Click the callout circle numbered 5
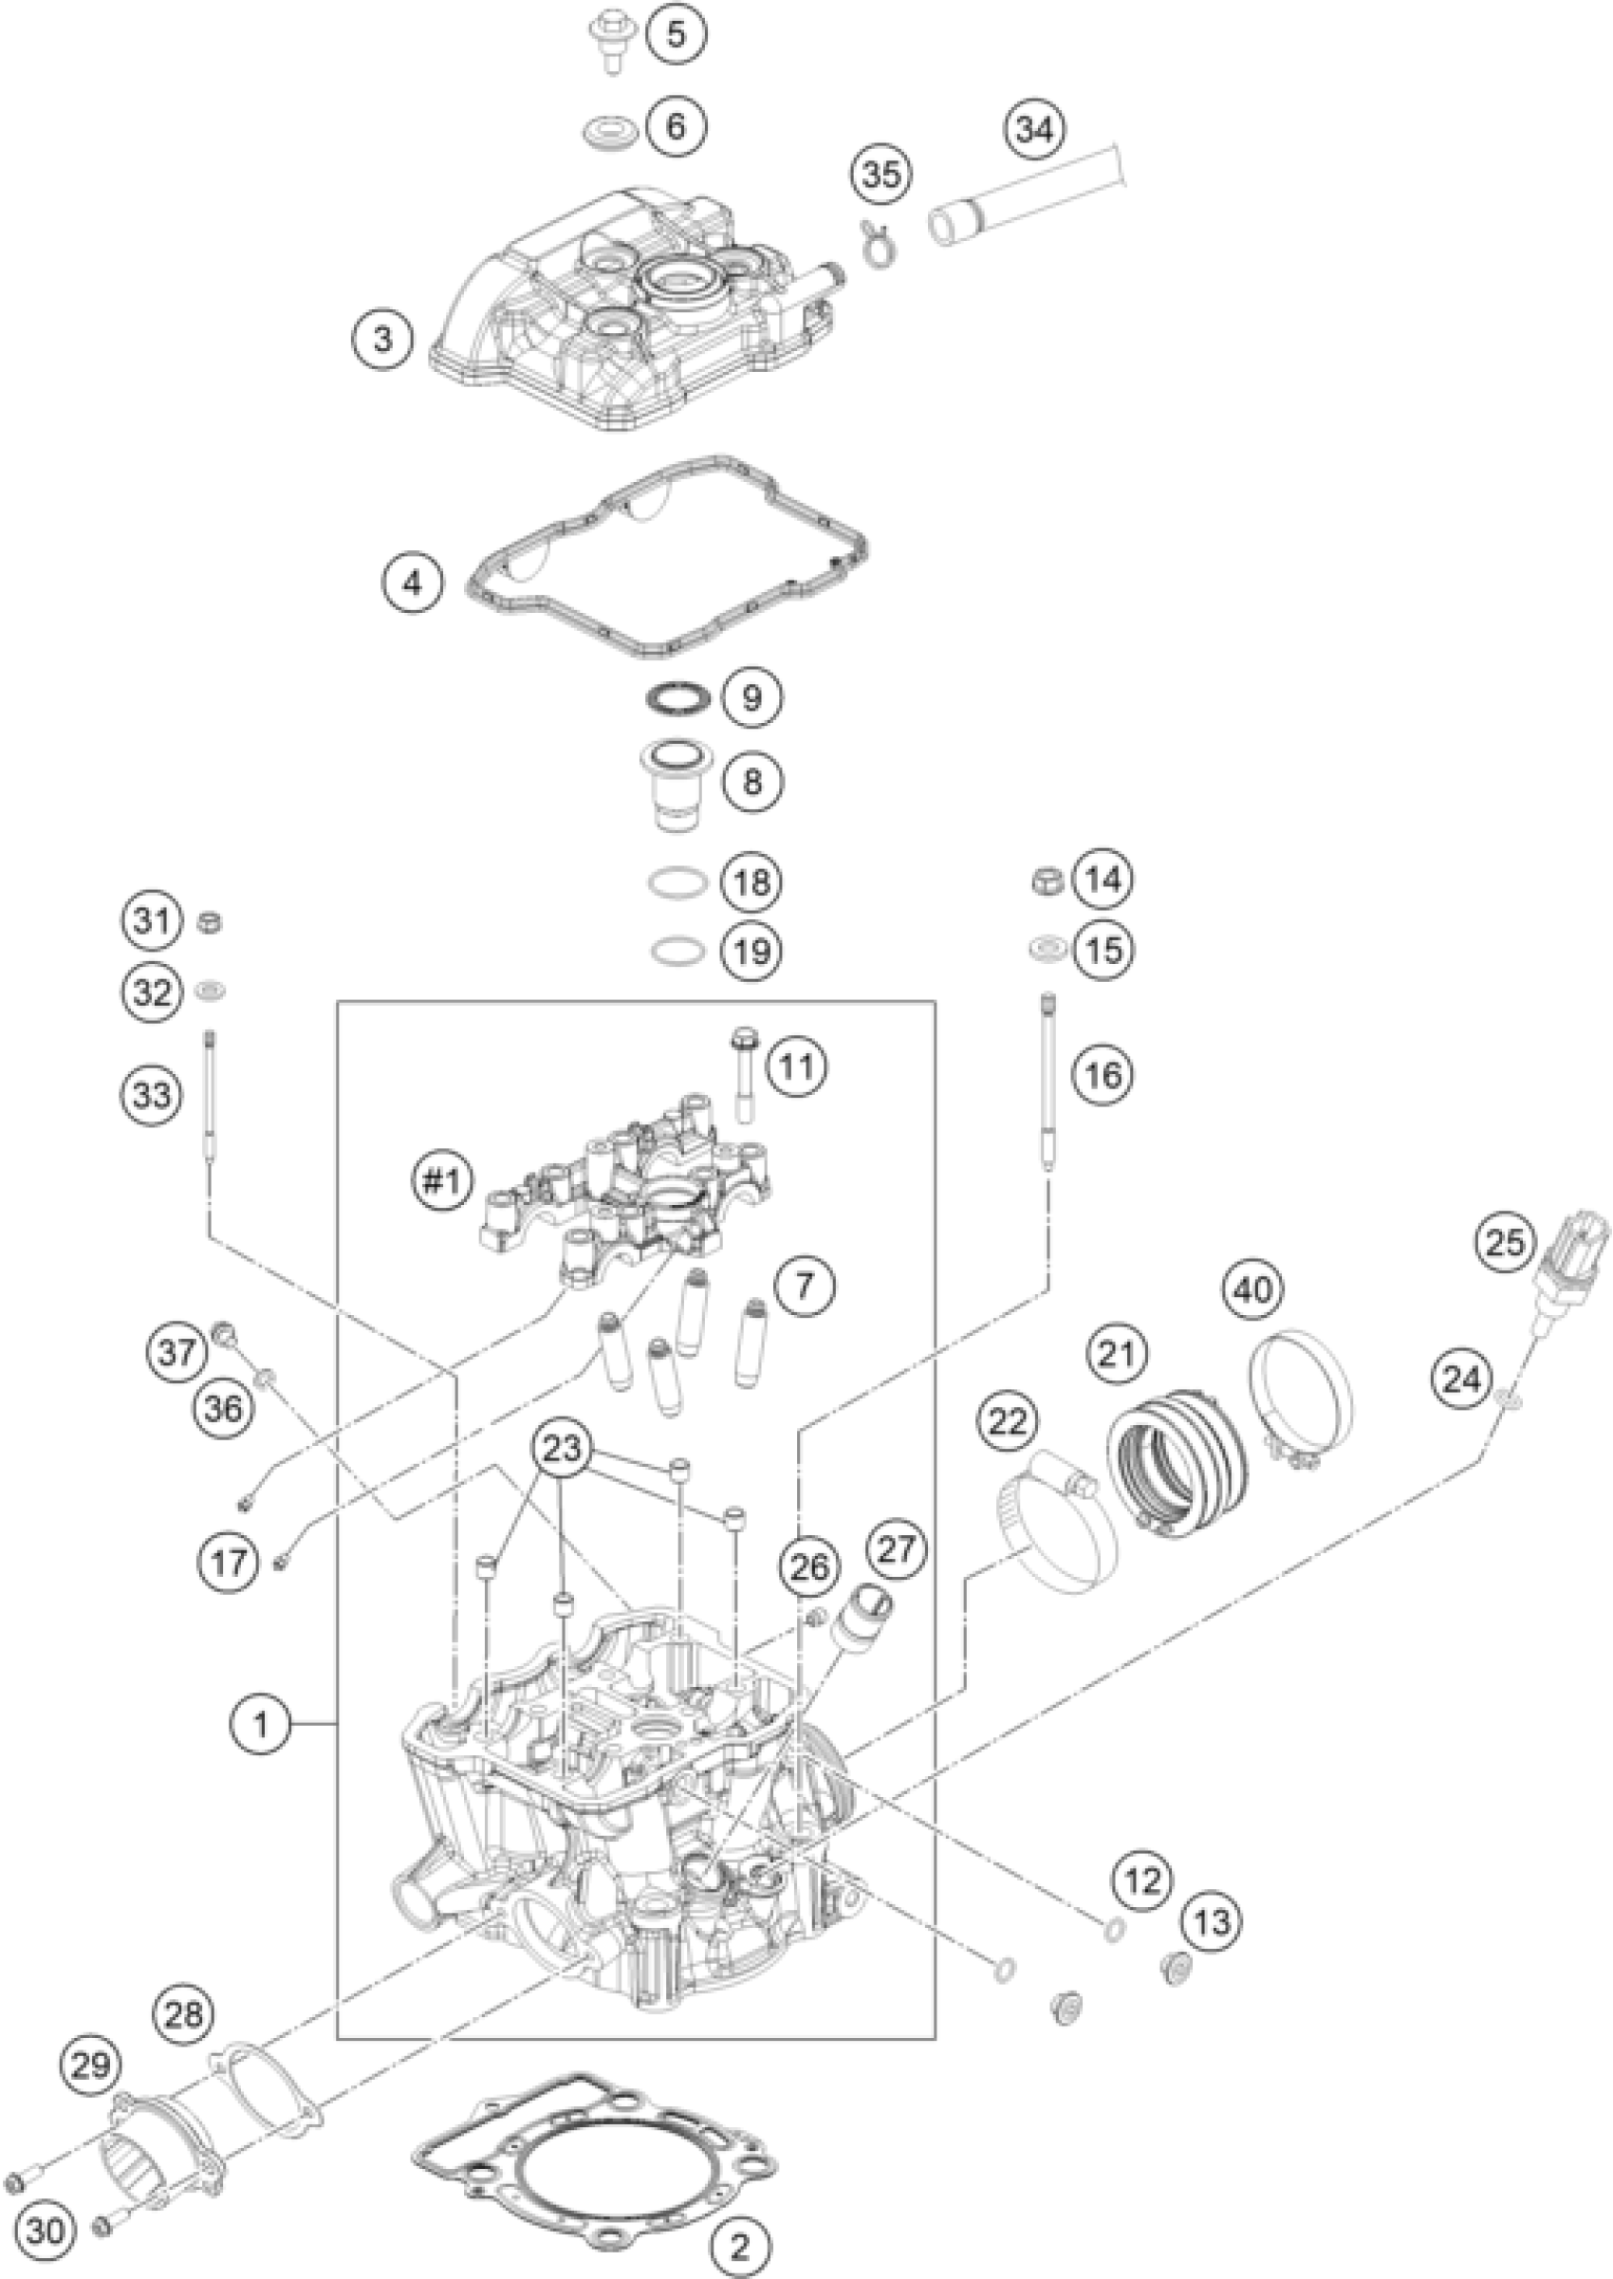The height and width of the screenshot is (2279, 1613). [x=676, y=35]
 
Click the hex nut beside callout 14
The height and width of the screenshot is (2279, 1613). [x=1048, y=879]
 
